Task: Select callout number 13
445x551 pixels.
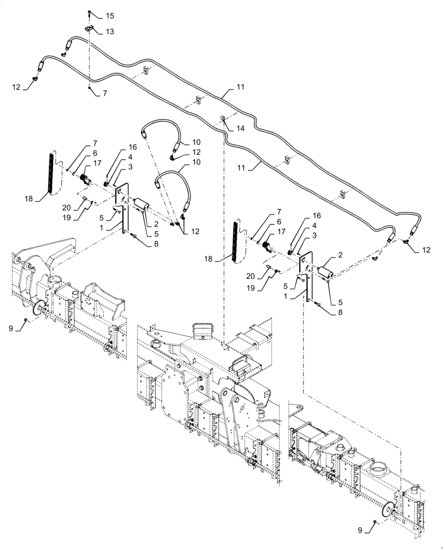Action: click(x=110, y=32)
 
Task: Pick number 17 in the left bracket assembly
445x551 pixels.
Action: click(x=97, y=163)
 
